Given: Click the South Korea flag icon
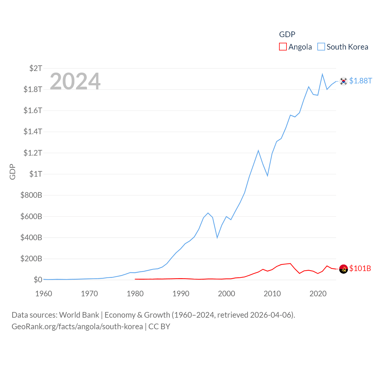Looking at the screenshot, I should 343,81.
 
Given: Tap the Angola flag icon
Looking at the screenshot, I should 343,269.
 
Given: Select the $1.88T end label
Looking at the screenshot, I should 360,81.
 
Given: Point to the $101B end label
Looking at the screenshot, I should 360,268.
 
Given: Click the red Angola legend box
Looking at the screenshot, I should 283,47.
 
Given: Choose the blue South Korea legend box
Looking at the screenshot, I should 321,47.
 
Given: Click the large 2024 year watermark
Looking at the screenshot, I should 75,81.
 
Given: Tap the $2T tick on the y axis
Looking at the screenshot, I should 36,68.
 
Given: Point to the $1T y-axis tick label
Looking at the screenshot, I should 36,174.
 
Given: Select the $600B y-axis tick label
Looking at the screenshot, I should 31,216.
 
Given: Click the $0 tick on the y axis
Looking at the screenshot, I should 38,280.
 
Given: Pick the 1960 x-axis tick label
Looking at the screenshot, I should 44,294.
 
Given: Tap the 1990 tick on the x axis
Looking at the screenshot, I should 181,294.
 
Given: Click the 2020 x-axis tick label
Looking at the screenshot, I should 318,294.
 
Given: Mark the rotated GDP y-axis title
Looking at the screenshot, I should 12,172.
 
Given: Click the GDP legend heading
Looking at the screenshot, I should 287,34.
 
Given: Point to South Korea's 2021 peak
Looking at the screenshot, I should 322,74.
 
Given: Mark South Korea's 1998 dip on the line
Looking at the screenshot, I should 217,237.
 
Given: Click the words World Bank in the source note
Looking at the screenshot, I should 79,315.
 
